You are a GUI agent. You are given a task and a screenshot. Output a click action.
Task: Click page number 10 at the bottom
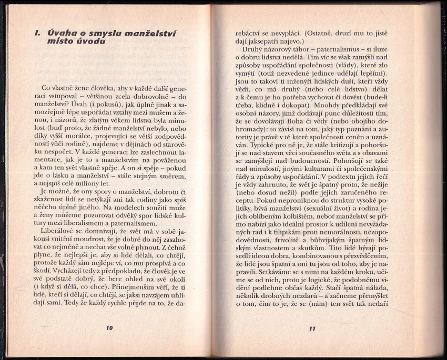tap(109, 328)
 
